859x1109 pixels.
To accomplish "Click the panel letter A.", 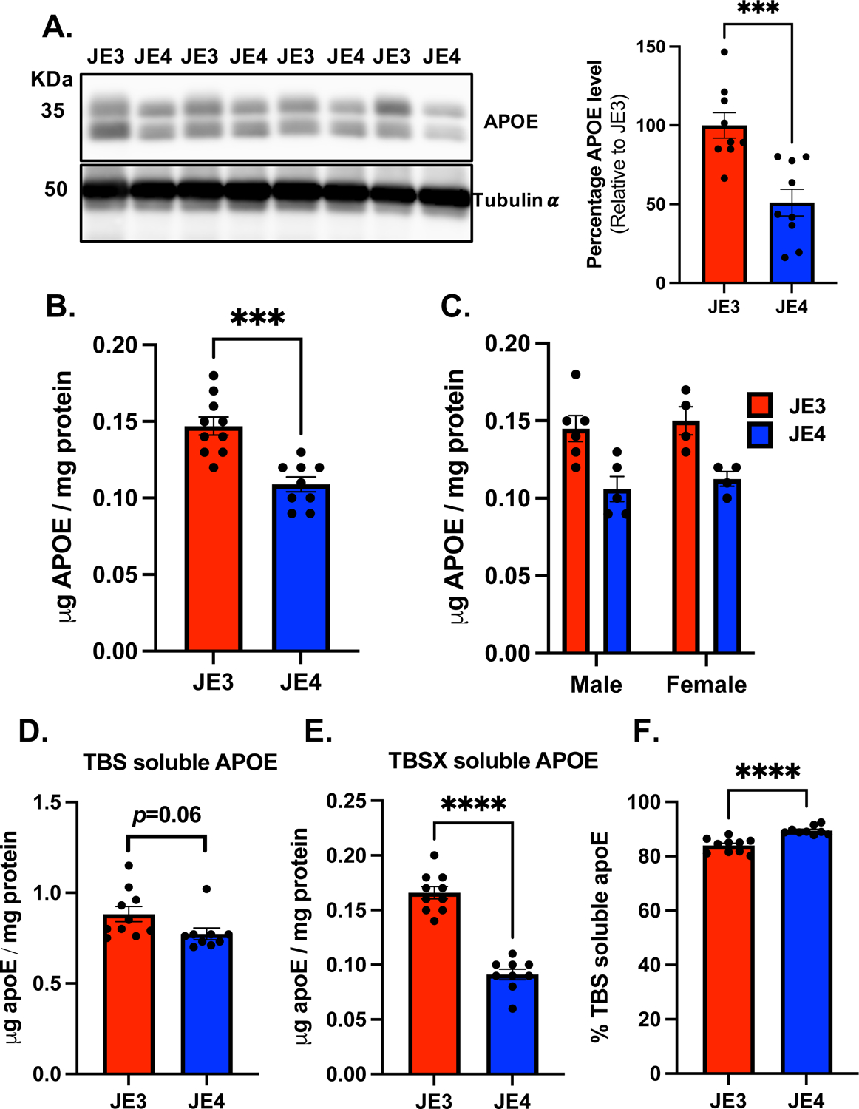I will point(57,27).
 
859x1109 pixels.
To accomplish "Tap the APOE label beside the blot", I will point(511,121).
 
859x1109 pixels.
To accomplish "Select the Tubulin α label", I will point(515,200).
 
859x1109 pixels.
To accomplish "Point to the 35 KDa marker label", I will point(52,111).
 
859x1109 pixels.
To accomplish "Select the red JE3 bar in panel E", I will point(434,983).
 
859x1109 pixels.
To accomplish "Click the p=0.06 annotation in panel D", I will point(166,815).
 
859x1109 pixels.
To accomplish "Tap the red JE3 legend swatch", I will point(759,405).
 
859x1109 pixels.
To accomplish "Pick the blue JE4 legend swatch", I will point(759,434).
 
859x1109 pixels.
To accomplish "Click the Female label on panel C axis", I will point(706,685).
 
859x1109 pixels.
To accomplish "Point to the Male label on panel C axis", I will point(596,685).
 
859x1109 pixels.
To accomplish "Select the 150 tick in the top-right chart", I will point(651,47).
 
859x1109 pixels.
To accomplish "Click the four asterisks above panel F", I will point(767,773).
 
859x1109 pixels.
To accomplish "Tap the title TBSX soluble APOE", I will point(493,761).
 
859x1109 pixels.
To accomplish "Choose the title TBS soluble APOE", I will point(180,762).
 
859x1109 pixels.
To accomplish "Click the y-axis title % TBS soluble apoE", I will point(600,937).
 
